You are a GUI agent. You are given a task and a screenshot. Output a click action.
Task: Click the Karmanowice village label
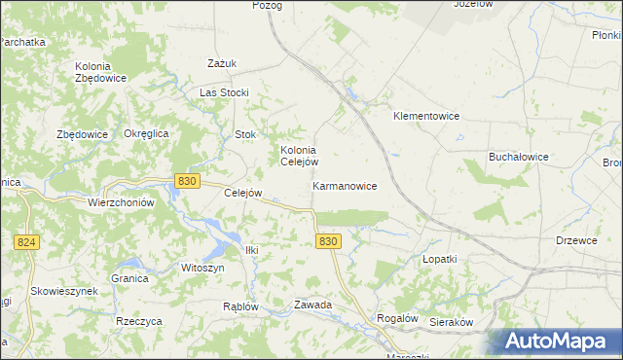(x=345, y=185)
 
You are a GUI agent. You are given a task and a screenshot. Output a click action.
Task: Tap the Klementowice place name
(x=425, y=116)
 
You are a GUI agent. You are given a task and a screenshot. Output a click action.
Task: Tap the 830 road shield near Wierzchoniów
(x=188, y=181)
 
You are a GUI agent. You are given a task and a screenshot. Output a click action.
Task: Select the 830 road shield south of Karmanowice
(x=328, y=241)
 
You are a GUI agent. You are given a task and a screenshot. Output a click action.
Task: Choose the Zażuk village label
(x=223, y=64)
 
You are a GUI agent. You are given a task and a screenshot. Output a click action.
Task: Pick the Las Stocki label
(x=225, y=92)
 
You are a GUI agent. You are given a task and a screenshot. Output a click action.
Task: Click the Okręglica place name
(x=147, y=133)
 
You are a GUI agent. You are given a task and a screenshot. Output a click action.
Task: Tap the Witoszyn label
(x=202, y=268)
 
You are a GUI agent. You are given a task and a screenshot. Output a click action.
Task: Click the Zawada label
(x=313, y=305)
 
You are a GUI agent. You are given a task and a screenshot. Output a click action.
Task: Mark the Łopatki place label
(x=439, y=260)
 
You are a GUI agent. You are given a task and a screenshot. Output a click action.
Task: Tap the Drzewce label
(x=576, y=240)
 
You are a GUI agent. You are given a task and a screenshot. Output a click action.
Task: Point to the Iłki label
(x=252, y=250)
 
